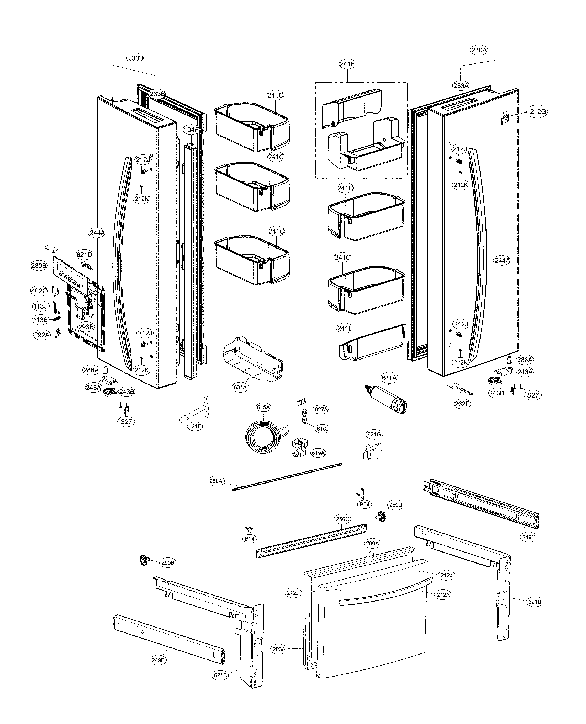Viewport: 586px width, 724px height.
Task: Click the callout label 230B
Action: tap(135, 58)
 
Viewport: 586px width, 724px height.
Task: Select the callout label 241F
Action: tap(347, 64)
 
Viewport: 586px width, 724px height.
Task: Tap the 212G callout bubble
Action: tap(538, 112)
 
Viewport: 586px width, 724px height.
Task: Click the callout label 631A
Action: tap(240, 387)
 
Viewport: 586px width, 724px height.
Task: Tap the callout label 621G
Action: tap(374, 434)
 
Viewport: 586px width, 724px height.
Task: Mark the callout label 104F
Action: tap(191, 130)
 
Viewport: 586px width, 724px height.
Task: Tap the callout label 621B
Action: tap(535, 601)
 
